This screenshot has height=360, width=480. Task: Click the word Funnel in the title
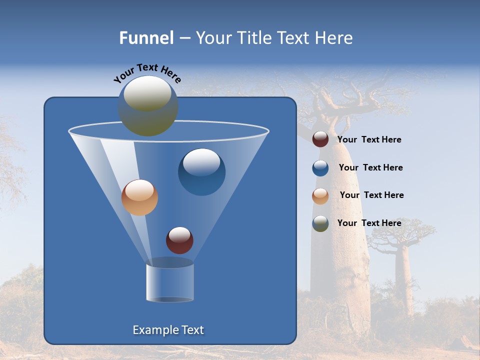point(146,38)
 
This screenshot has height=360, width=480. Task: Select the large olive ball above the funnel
point(148,106)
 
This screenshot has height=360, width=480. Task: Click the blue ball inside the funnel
point(201,172)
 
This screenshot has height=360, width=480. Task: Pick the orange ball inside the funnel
point(139,197)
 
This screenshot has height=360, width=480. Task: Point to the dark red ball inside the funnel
point(179,240)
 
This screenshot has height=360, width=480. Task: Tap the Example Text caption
point(168,330)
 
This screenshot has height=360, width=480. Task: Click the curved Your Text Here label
point(147,73)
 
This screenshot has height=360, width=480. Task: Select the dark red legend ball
point(320,139)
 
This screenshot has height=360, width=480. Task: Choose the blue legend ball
point(320,168)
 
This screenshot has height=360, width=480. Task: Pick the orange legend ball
point(320,195)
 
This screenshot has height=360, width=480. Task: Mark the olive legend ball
point(320,223)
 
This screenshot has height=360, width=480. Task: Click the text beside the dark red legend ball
point(369,140)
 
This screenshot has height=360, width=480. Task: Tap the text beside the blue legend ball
point(370,168)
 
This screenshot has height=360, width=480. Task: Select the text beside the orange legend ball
point(372,195)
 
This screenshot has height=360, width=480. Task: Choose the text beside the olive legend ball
point(369,223)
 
